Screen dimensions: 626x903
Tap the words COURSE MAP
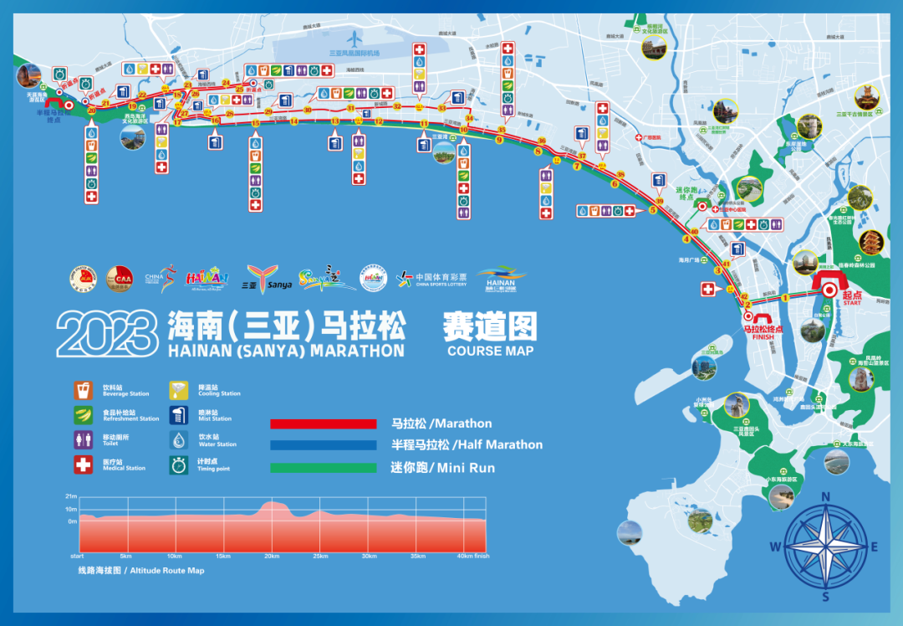coord(490,351)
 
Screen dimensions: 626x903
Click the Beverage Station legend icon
coord(84,390)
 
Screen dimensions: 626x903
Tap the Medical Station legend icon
coord(84,464)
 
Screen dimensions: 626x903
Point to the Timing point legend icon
coord(179,464)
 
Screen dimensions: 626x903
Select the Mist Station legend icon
coord(179,415)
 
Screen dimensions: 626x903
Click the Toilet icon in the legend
coord(84,440)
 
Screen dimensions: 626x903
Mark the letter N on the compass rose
coord(825,496)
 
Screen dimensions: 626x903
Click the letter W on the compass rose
coord(775,547)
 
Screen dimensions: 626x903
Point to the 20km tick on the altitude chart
coord(271,557)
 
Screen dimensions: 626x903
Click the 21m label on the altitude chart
coord(71,496)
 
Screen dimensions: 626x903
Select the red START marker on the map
coord(829,289)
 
